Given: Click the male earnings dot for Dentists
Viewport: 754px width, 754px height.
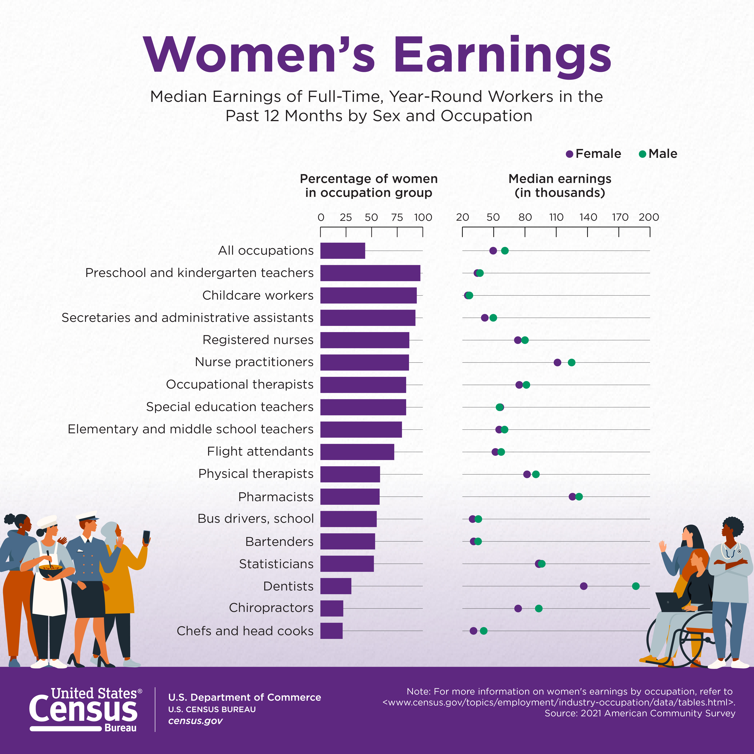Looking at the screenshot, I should pos(635,586).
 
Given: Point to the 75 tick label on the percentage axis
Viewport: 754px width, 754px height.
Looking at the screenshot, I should pos(397,217).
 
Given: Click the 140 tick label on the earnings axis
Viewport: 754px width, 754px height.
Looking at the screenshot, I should pos(588,217).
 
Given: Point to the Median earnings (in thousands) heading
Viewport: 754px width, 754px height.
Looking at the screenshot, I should pos(560,185).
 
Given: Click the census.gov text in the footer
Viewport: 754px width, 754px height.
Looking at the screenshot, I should pos(195,721).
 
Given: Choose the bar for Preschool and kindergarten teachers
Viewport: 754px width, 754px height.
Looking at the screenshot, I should pos(370,273).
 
